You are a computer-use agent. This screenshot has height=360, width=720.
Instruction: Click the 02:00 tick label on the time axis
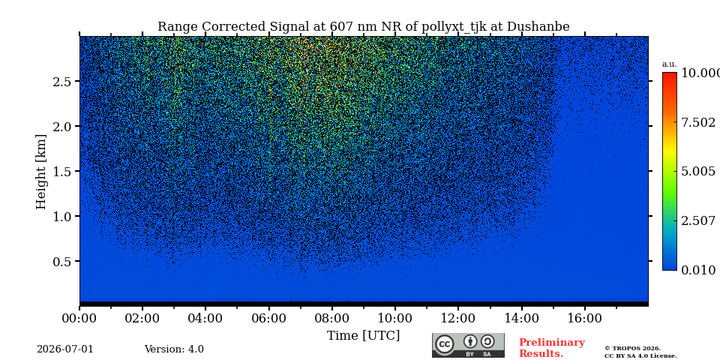[x=142, y=318]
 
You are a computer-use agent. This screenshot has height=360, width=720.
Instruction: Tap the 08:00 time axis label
[x=331, y=318]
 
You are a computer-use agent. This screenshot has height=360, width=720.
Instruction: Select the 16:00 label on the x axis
[x=584, y=318]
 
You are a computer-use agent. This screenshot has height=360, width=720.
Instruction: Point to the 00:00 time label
[x=79, y=318]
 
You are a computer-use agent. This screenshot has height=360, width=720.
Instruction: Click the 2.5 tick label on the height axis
[x=63, y=81]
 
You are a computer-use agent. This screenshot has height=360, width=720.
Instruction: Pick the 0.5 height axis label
[x=63, y=261]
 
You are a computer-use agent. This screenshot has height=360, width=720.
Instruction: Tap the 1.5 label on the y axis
[x=63, y=171]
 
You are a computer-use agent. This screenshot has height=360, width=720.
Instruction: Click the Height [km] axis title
[x=41, y=171]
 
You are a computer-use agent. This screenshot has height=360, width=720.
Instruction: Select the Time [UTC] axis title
[x=363, y=336]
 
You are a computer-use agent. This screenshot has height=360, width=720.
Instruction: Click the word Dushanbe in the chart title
[x=538, y=27]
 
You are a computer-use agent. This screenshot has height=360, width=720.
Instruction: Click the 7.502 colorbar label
[x=698, y=122]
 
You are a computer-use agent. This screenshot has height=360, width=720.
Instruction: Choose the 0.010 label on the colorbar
[x=698, y=270]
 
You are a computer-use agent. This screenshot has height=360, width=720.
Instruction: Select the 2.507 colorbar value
[x=698, y=220]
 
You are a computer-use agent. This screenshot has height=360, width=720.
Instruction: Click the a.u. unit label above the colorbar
[x=670, y=64]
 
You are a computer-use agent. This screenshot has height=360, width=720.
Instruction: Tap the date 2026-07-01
[x=64, y=349]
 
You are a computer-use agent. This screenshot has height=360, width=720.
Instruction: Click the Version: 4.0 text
[x=174, y=349]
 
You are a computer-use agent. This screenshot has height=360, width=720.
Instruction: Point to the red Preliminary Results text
[x=552, y=347]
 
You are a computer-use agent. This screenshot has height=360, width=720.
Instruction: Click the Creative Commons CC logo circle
[x=445, y=344]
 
